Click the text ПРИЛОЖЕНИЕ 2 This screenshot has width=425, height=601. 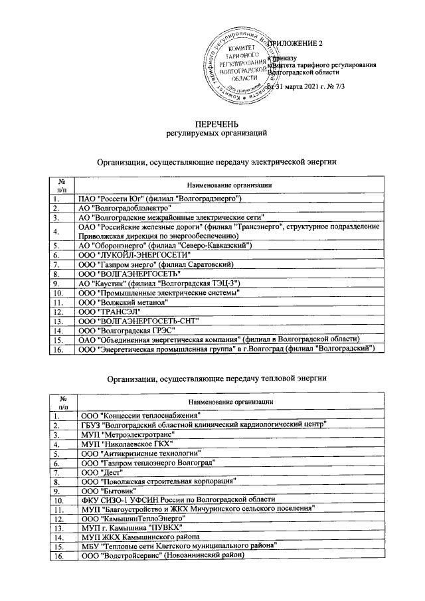point(298,44)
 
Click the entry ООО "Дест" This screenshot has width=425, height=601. point(97,472)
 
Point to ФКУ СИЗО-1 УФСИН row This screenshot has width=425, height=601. point(177,499)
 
